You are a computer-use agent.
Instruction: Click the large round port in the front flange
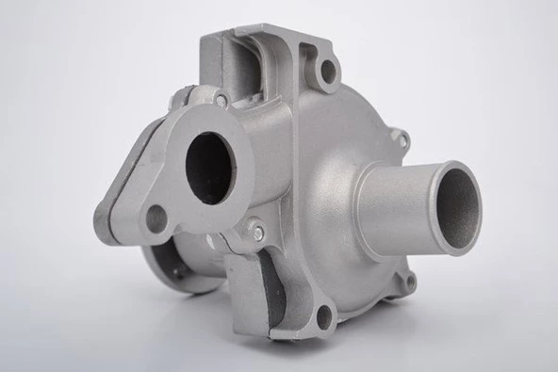pyautogui.click(x=209, y=167)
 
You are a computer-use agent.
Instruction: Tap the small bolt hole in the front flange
pyautogui.click(x=156, y=218)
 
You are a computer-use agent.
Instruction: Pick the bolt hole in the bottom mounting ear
pyautogui.click(x=324, y=317)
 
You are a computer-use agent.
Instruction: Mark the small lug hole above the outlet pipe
pyautogui.click(x=402, y=140)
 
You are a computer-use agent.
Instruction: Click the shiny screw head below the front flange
pyautogui.click(x=256, y=229)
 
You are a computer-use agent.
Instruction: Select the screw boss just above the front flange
pyautogui.click(x=220, y=99)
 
